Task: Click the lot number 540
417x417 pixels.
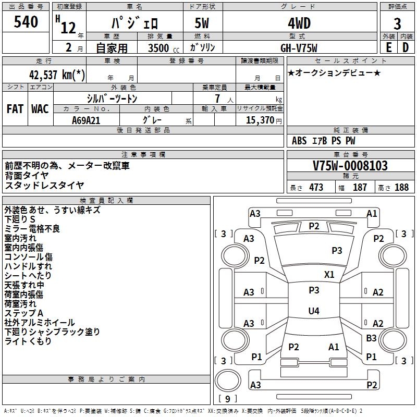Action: pyautogui.click(x=26, y=22)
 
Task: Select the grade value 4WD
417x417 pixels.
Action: pyautogui.click(x=299, y=23)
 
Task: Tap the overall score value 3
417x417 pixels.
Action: pyautogui.click(x=397, y=24)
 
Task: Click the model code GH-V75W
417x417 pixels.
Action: pyautogui.click(x=299, y=47)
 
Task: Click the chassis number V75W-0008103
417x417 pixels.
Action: pyautogui.click(x=350, y=166)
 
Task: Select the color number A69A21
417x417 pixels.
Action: pyautogui.click(x=86, y=120)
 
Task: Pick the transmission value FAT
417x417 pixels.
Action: pyautogui.click(x=15, y=109)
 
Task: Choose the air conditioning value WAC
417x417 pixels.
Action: pyautogui.click(x=40, y=109)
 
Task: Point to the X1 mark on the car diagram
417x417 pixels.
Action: pyautogui.click(x=329, y=274)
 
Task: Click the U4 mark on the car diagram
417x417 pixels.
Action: pyautogui.click(x=313, y=311)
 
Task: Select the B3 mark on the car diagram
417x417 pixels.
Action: pyautogui.click(x=371, y=338)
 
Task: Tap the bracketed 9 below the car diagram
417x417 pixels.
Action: pyautogui.click(x=228, y=399)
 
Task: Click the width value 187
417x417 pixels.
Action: pyautogui.click(x=360, y=188)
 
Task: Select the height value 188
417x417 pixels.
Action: pyautogui.click(x=401, y=188)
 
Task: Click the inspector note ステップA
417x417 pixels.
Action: pyautogui.click(x=23, y=313)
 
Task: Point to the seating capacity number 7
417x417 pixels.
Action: pyautogui.click(x=217, y=99)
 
